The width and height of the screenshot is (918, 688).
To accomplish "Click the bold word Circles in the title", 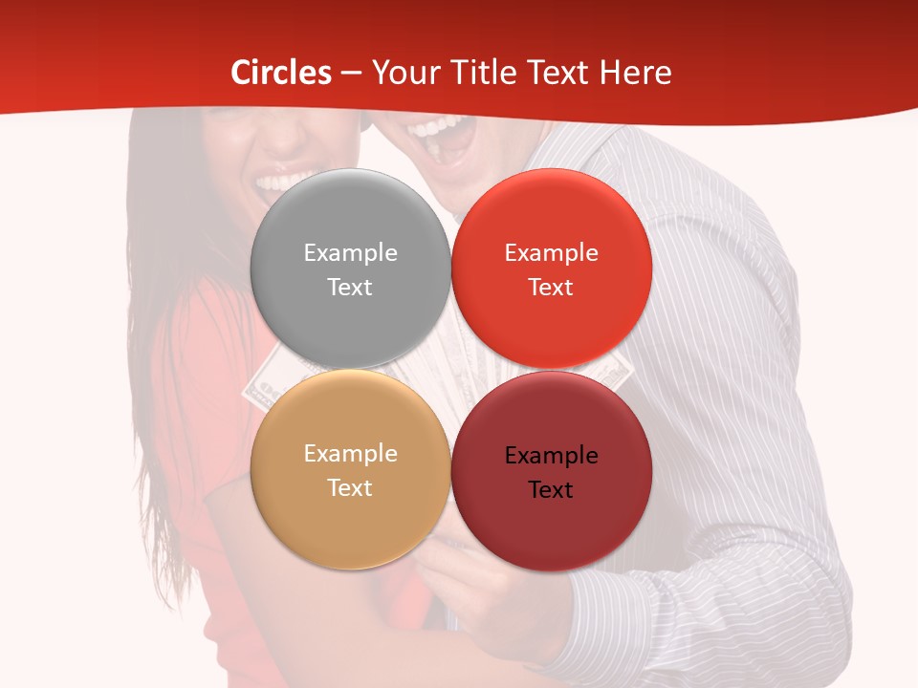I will (280, 73).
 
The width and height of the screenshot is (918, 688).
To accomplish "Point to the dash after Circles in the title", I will (351, 74).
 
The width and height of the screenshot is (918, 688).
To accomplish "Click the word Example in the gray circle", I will (350, 253).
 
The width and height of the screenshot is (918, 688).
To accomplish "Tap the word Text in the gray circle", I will (350, 288).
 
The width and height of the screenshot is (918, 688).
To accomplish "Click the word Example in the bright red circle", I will (552, 253).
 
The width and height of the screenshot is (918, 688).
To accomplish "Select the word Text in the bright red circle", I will (552, 288).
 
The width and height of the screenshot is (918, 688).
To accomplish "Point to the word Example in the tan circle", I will (350, 454).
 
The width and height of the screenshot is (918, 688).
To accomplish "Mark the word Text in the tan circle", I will (350, 488).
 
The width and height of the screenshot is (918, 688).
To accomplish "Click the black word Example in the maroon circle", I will (552, 456).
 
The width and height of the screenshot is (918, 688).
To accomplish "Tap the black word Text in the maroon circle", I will (552, 490).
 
